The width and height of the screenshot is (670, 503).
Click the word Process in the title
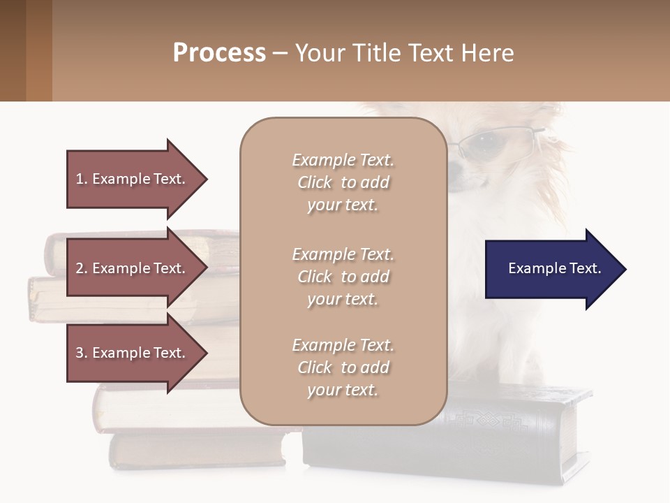click(219, 53)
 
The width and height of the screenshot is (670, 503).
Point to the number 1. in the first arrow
click(82, 179)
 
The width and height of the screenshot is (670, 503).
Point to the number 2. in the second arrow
click(82, 268)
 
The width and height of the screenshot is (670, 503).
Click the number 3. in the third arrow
click(82, 353)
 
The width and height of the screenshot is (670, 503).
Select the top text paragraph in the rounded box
click(343, 182)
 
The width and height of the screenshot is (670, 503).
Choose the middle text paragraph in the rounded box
click(343, 276)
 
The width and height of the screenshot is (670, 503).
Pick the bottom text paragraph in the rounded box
click(343, 367)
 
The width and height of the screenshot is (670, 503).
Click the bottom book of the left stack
click(195, 451)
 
